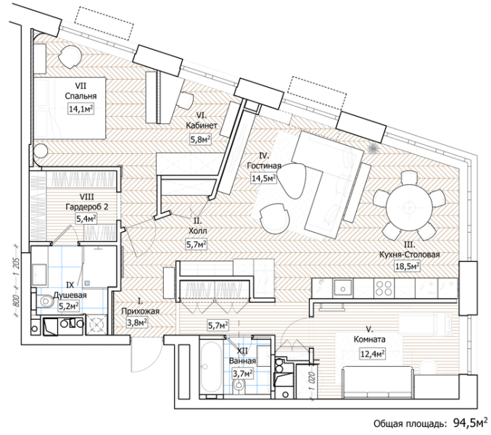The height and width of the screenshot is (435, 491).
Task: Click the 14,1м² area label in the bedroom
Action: tap(81, 109)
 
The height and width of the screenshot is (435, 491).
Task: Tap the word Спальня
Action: tap(81, 96)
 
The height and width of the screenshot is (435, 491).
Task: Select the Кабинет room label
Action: tap(202, 125)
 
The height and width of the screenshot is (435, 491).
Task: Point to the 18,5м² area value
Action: tap(407, 267)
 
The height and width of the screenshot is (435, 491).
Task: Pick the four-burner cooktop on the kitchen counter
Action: tap(384, 289)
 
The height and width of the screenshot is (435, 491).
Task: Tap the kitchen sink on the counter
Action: tap(342, 288)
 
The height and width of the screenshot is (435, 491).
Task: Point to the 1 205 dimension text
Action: tap(17, 266)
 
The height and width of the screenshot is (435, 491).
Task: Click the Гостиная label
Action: tap(264, 165)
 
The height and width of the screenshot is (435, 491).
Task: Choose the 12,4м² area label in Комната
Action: tap(373, 355)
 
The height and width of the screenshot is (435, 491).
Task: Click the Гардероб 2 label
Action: tap(87, 207)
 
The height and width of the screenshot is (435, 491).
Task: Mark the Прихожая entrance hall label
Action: tap(140, 311)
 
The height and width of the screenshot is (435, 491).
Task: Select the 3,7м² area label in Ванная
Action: tap(242, 373)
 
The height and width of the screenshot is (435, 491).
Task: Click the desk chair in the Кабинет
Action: tap(185, 100)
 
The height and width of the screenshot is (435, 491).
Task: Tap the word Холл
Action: tap(197, 231)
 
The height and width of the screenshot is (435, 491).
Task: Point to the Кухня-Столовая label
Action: tap(410, 254)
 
